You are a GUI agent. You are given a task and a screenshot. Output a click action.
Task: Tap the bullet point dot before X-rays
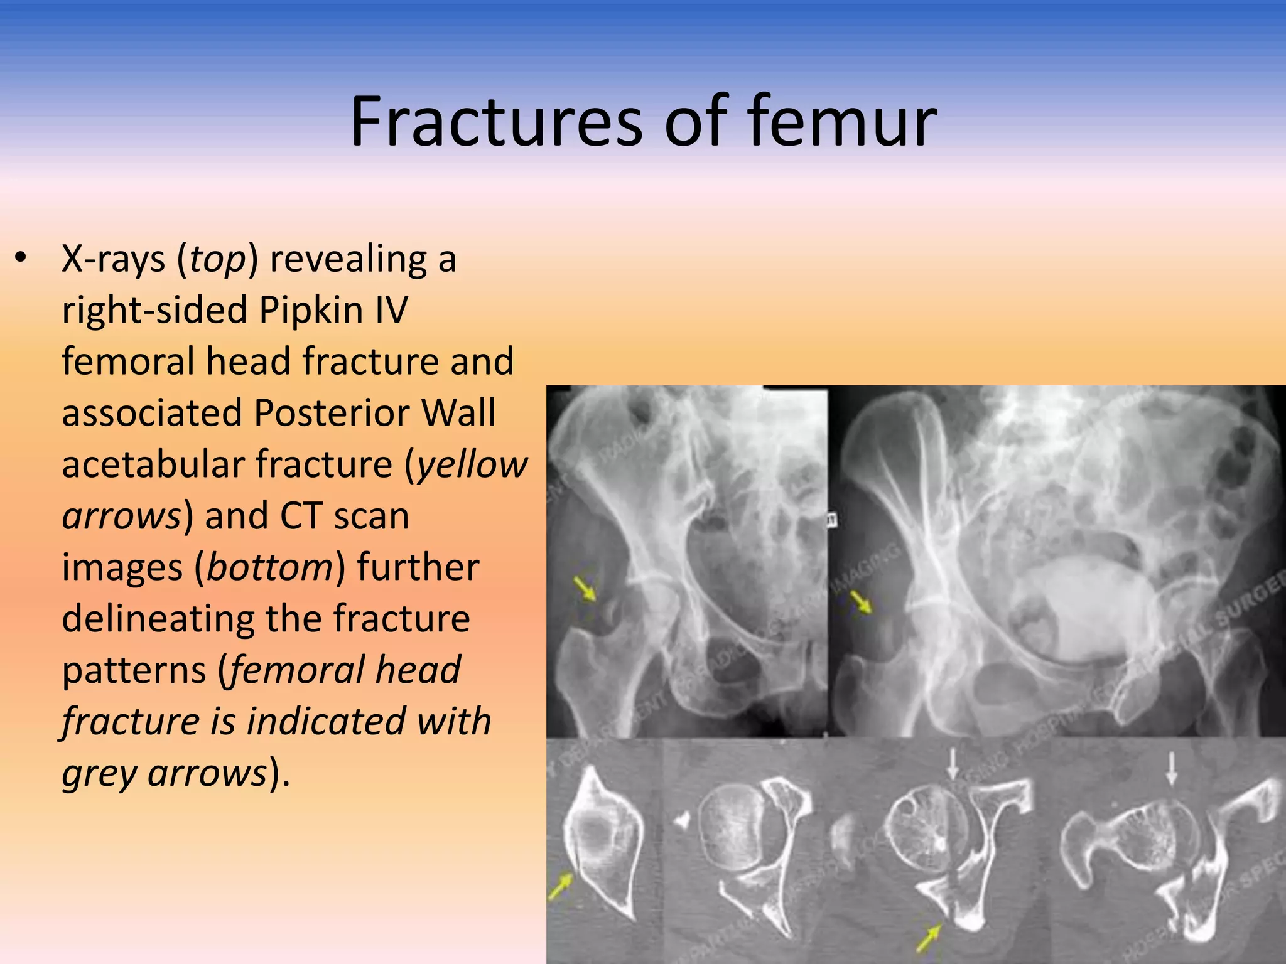(21, 259)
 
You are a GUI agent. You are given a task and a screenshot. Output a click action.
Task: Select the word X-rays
(113, 259)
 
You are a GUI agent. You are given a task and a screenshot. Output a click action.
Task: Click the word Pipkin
(311, 310)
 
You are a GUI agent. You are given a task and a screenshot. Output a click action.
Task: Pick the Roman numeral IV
(391, 310)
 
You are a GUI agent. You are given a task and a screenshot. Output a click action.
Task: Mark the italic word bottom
(269, 567)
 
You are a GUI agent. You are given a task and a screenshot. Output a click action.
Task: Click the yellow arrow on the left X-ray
(585, 589)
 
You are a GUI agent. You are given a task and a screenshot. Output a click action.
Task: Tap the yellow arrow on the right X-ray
(861, 602)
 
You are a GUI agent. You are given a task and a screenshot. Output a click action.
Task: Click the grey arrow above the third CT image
(953, 765)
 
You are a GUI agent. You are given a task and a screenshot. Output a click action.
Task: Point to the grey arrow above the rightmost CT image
(1171, 769)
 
